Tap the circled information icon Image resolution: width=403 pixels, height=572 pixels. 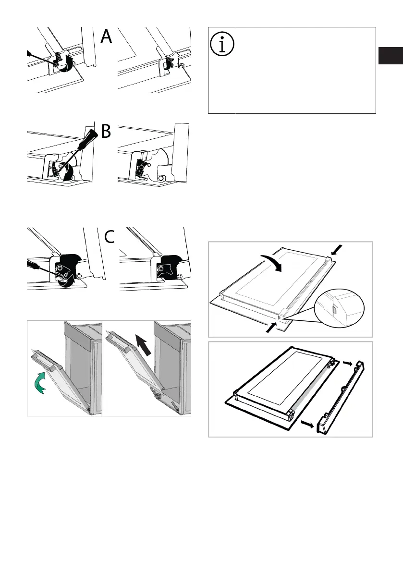pyautogui.click(x=222, y=43)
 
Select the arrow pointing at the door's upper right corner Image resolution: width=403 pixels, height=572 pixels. pyautogui.click(x=338, y=250)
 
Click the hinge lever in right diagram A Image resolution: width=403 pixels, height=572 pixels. pyautogui.click(x=169, y=62)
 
